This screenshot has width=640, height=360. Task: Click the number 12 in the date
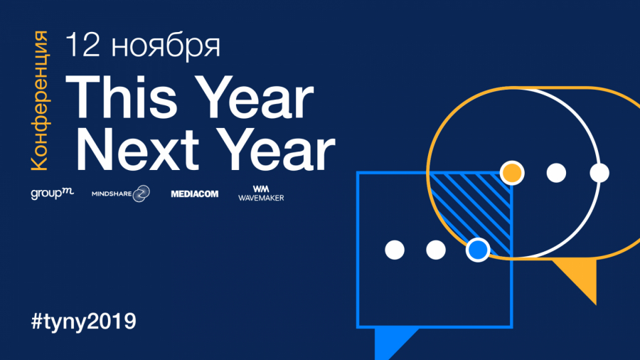tap(83, 44)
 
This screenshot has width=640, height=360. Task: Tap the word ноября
tap(166, 47)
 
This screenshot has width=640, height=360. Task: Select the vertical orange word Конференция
tap(40, 100)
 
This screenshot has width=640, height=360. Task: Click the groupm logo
tap(52, 193)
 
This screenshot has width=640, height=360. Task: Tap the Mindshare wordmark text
tap(112, 194)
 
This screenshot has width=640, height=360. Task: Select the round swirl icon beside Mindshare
tap(142, 194)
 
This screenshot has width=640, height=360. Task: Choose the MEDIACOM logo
tap(195, 194)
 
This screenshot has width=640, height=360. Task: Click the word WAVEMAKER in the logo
tap(261, 198)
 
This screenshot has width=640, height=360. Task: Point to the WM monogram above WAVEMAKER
tap(261, 189)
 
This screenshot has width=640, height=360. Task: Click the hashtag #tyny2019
tap(84, 321)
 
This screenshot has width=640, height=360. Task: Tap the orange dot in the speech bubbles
tap(512, 173)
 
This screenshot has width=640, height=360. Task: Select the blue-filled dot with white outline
tap(478, 250)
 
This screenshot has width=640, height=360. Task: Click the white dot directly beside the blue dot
tap(436, 250)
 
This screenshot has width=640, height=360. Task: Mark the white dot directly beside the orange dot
tap(556, 173)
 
